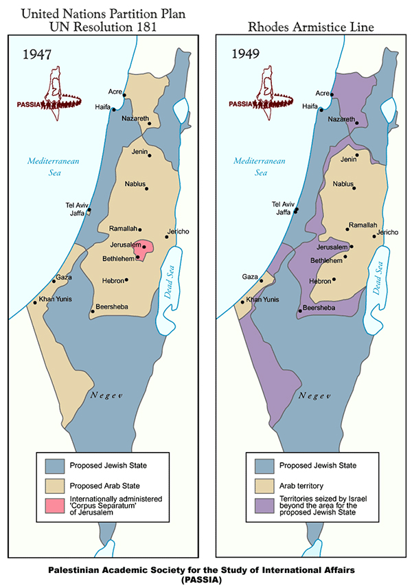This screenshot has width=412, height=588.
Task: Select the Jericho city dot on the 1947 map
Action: (x=166, y=237)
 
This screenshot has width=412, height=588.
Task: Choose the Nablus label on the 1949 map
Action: (x=343, y=184)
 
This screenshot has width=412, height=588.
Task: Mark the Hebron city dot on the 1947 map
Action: (x=126, y=280)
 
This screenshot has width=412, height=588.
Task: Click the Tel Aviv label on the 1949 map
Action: (x=283, y=204)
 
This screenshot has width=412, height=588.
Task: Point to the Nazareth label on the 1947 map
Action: (x=136, y=119)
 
